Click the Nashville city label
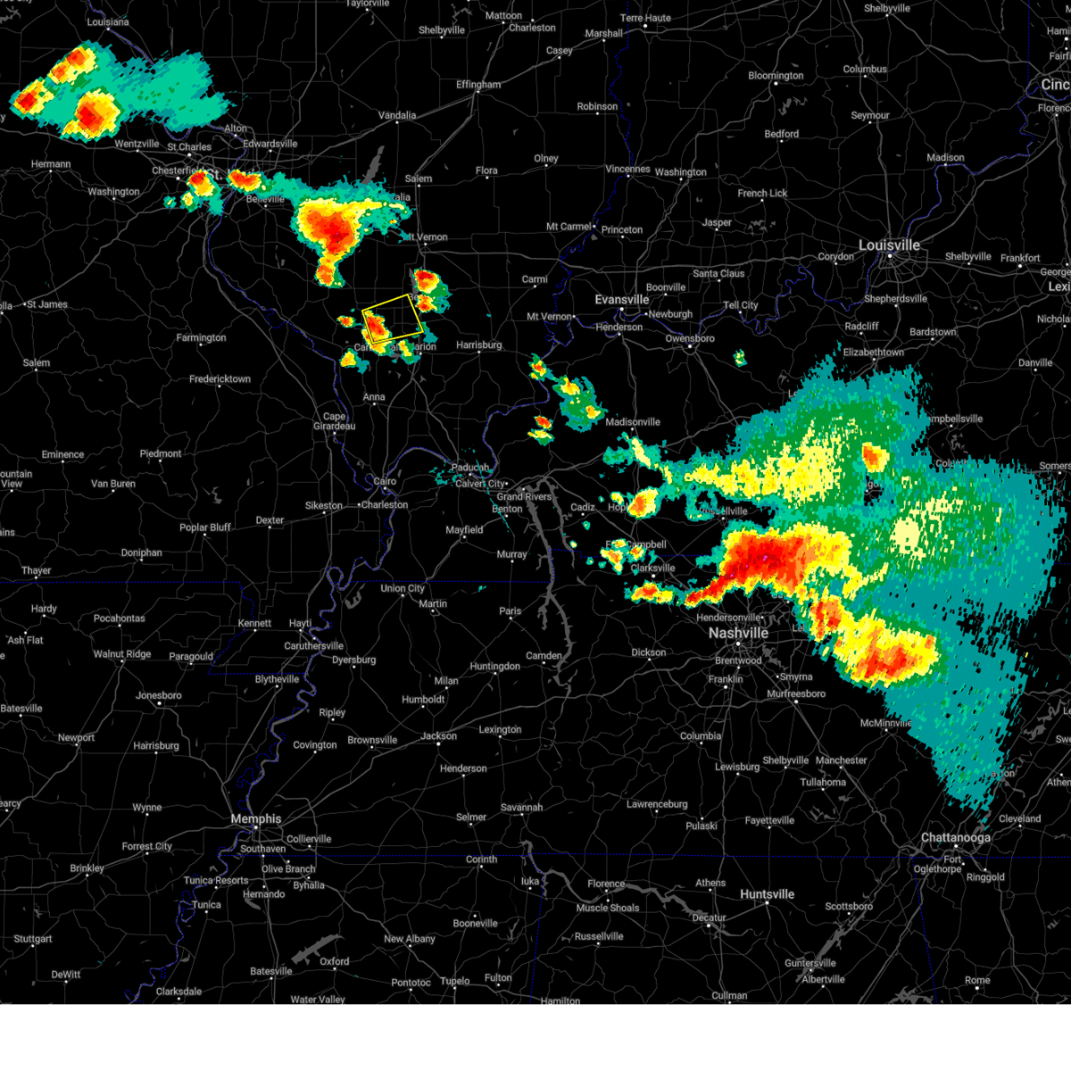point(738,633)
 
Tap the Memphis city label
point(256,819)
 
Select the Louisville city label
point(889,245)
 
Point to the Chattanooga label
point(955,838)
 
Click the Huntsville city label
point(767,894)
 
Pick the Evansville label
point(622,300)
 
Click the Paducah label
point(470,468)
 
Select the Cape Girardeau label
point(334,421)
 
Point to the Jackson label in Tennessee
point(439,736)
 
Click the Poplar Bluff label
point(205,527)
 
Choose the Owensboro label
point(690,339)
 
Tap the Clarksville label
point(652,569)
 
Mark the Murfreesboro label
point(796,693)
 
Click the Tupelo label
point(455,981)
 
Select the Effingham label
point(478,85)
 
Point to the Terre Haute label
point(645,18)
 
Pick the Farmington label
point(201,337)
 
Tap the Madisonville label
point(633,422)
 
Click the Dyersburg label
point(353,660)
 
